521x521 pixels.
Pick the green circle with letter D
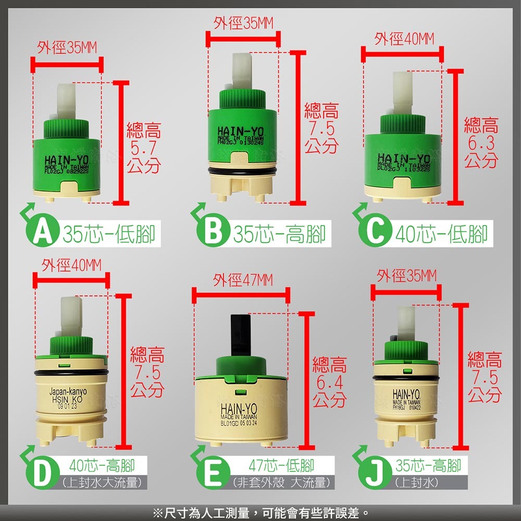[42, 474]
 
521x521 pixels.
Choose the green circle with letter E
[212, 474]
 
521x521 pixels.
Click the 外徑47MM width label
[242, 281]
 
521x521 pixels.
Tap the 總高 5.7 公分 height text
[144, 147]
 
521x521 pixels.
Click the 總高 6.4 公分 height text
[329, 382]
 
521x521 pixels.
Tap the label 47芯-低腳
[282, 465]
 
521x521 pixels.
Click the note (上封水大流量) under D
[101, 482]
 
